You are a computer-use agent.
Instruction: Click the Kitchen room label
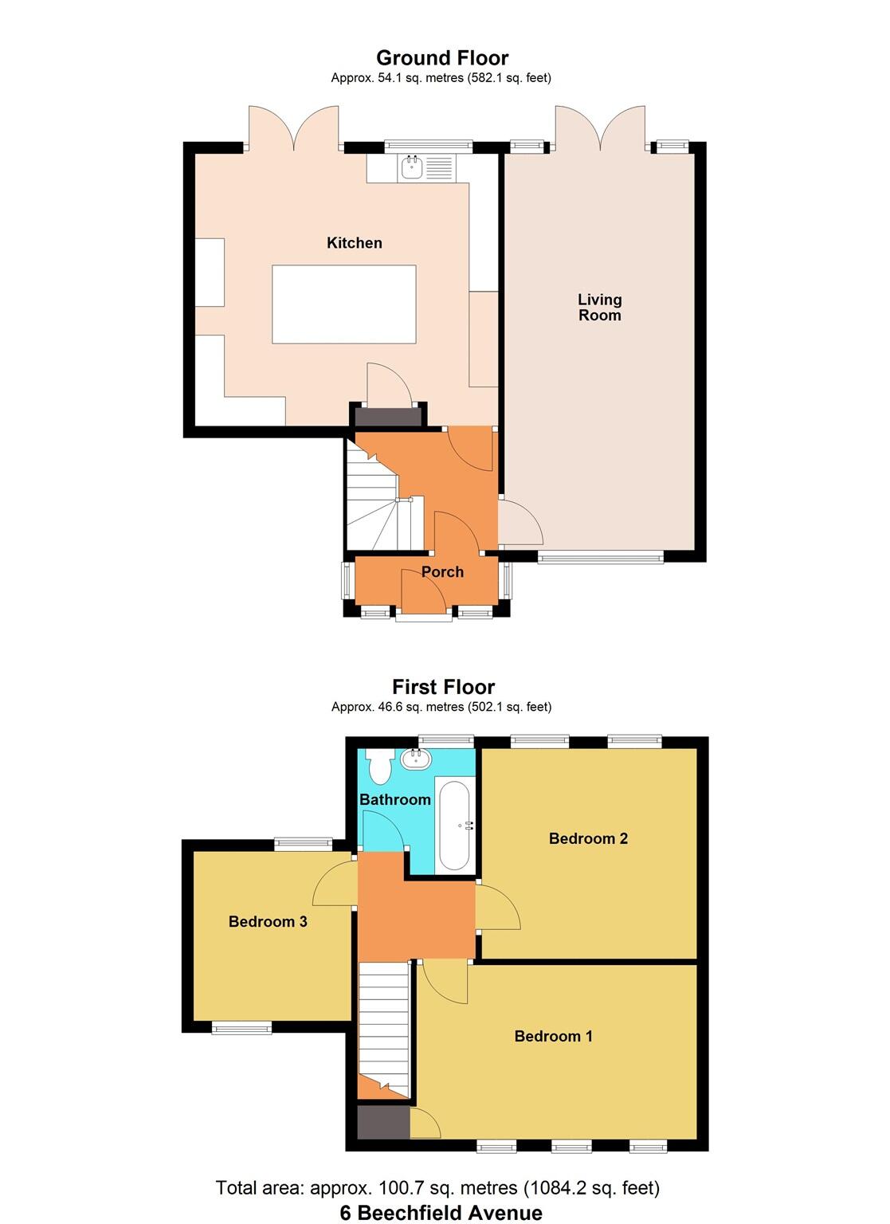[x=354, y=243]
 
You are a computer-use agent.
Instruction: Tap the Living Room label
[x=599, y=308]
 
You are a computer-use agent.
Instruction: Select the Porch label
[x=442, y=572]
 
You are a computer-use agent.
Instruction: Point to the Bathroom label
[x=395, y=799]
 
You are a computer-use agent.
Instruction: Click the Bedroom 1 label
[x=553, y=1036]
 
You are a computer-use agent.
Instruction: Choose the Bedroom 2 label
[x=588, y=838]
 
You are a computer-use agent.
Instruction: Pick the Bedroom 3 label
[x=268, y=922]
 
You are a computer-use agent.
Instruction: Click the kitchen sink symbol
[x=413, y=167]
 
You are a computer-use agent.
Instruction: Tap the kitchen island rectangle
[x=343, y=304]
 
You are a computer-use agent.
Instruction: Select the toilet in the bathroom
[x=379, y=766]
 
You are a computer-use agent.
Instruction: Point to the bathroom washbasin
[x=414, y=759]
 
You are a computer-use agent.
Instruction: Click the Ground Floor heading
[x=442, y=58]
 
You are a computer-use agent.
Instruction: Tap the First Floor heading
[x=443, y=687]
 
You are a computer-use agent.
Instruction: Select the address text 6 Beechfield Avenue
[x=441, y=1213]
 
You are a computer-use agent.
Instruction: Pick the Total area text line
[x=437, y=1188]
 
